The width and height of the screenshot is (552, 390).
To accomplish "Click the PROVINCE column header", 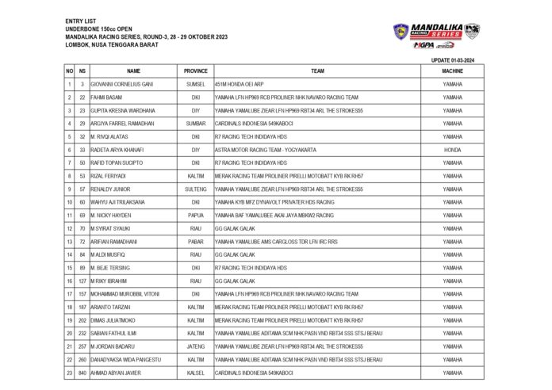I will coord(196,71).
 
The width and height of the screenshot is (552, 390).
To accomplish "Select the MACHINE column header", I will coord(452,71).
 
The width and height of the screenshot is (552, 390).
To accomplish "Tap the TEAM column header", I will coord(317,71).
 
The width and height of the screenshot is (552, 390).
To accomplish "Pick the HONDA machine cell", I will coord(452,150).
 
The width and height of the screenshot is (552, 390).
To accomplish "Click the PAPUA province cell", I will coord(196,216).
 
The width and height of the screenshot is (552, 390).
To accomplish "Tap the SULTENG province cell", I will coord(196,189).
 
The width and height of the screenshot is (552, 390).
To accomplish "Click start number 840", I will coord(82,373).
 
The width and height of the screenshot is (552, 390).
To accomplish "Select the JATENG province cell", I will coord(196,346).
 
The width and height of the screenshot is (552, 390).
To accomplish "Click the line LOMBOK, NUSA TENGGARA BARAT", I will coord(112,45).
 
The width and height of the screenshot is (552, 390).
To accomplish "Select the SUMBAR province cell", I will coord(196,124).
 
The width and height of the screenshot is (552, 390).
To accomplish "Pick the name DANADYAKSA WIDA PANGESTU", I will coord(128,360).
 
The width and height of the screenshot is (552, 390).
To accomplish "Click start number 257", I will coord(82,346).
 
